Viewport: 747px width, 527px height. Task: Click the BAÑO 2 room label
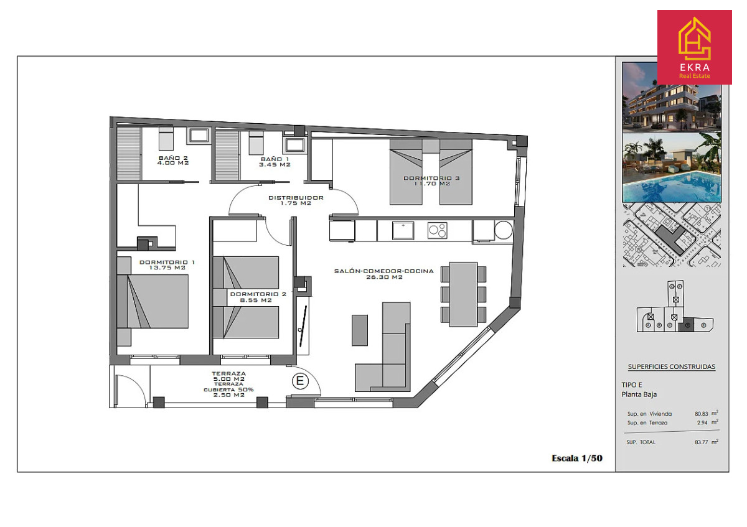pyautogui.click(x=173, y=161)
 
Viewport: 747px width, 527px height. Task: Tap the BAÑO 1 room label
pyautogui.click(x=275, y=162)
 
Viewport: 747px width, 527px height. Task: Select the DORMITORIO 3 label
pyautogui.click(x=432, y=181)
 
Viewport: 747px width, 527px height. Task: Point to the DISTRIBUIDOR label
pyautogui.click(x=296, y=200)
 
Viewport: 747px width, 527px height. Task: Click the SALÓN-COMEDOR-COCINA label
pyautogui.click(x=384, y=274)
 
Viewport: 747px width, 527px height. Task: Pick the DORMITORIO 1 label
pyautogui.click(x=167, y=265)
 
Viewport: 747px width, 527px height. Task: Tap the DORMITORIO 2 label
pyautogui.click(x=258, y=297)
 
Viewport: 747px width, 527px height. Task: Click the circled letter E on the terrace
pyautogui.click(x=300, y=381)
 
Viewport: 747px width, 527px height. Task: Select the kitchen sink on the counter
pyautogui.click(x=403, y=231)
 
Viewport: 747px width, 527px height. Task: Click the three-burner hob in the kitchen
pyautogui.click(x=438, y=230)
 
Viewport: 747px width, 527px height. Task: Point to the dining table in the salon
pyautogui.click(x=463, y=295)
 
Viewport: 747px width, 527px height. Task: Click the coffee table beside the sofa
pyautogui.click(x=360, y=330)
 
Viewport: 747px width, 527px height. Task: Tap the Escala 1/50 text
pyautogui.click(x=577, y=459)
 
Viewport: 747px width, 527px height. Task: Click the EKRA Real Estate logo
pyautogui.click(x=695, y=47)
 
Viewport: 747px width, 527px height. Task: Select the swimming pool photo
pyautogui.click(x=672, y=167)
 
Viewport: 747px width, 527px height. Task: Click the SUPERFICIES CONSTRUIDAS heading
pyautogui.click(x=672, y=366)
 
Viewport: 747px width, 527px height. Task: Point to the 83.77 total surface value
pyautogui.click(x=702, y=442)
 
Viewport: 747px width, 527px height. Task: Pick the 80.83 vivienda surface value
pyautogui.click(x=702, y=414)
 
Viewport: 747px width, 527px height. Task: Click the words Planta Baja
pyautogui.click(x=639, y=394)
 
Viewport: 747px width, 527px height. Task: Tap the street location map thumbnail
pyautogui.click(x=672, y=235)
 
